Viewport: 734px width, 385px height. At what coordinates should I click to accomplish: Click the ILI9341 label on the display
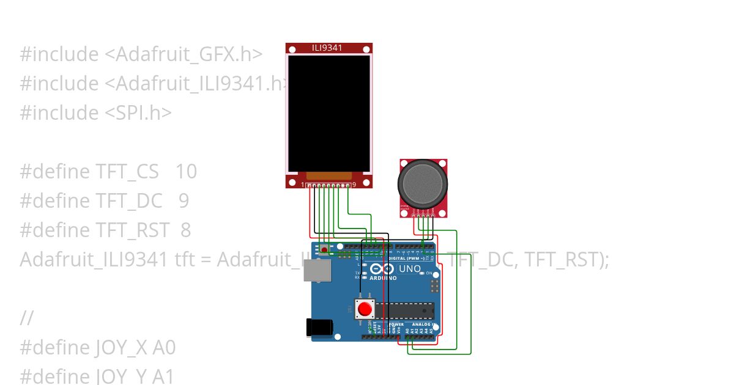329,48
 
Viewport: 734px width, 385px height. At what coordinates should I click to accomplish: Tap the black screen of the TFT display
329,113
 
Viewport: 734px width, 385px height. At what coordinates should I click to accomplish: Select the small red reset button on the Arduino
365,309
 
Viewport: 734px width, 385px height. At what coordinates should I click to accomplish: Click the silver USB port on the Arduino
317,269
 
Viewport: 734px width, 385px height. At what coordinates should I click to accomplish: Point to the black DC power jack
319,327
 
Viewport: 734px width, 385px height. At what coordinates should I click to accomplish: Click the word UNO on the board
410,269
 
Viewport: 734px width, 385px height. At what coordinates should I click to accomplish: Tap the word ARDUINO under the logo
383,278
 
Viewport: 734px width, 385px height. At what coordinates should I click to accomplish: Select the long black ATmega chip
404,310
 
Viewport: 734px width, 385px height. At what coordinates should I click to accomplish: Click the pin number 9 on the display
354,185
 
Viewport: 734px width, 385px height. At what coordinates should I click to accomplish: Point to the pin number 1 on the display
302,185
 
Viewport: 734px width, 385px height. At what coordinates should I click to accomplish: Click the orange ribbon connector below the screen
328,176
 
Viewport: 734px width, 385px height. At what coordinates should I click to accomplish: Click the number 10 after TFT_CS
187,172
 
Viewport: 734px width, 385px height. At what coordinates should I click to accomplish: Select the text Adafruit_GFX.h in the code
183,54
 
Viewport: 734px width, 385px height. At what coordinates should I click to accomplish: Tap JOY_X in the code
122,348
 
